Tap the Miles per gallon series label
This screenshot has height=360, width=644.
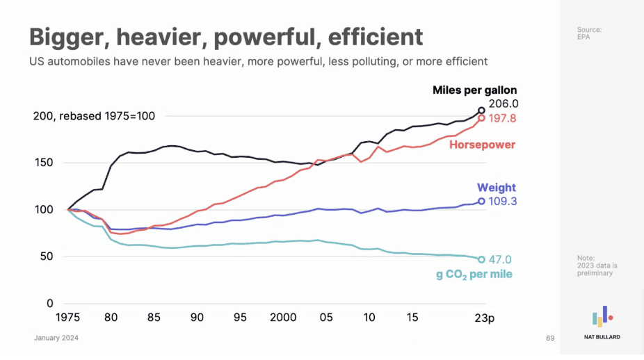tap(474, 90)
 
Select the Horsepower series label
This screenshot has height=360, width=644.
tap(482, 145)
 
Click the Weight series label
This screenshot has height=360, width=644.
tap(496, 188)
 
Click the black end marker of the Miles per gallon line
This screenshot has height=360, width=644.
tap(481, 111)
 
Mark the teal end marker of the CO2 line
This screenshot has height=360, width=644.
tap(481, 260)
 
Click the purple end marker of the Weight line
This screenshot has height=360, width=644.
tap(481, 202)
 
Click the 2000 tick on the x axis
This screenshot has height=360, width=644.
tap(283, 317)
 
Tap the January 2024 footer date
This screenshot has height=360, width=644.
tap(56, 338)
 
